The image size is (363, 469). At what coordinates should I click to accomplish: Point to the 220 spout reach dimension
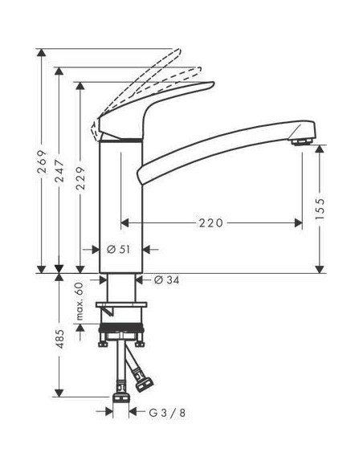click(210, 222)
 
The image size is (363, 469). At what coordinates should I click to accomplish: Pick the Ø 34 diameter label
click(165, 279)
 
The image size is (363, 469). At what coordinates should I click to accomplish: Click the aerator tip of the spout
click(302, 143)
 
